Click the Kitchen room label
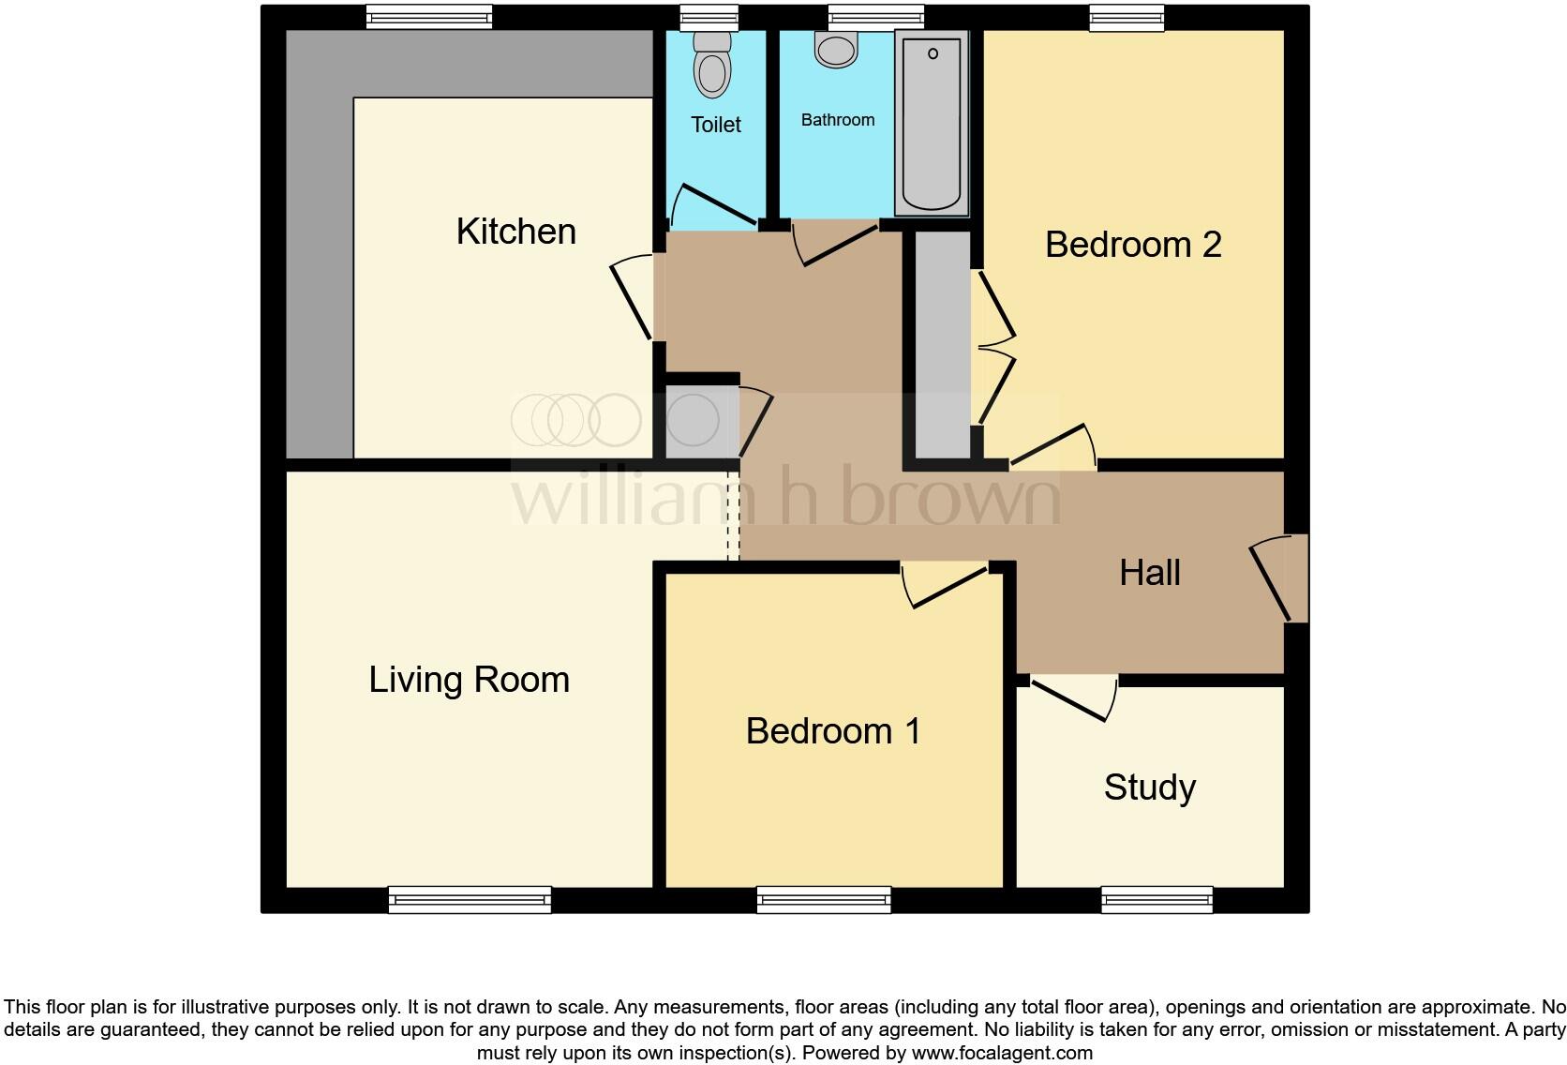(x=515, y=232)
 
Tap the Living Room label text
(x=469, y=680)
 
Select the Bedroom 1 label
(x=832, y=731)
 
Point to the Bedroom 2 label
(x=1132, y=245)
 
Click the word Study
(x=1149, y=787)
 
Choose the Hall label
(x=1149, y=573)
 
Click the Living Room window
(x=470, y=900)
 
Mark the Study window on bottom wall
(x=1157, y=900)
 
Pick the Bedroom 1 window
(x=824, y=900)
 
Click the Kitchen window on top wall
(x=428, y=17)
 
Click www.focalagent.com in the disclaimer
(x=1002, y=1053)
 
